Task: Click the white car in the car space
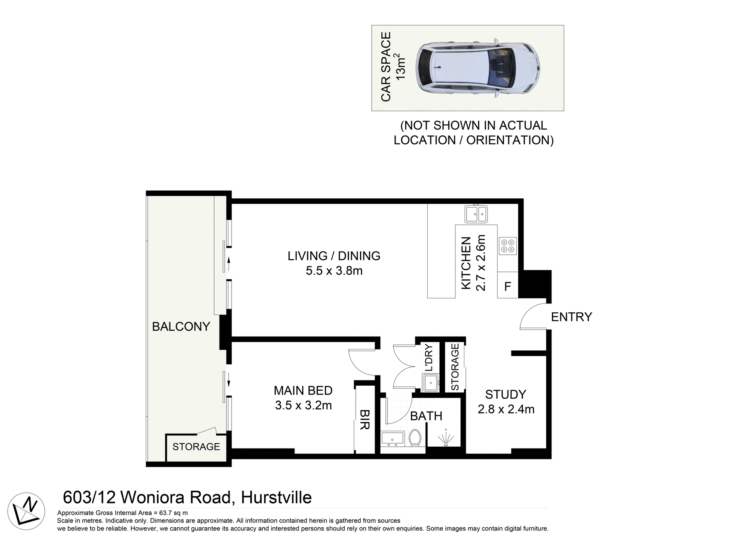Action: (x=477, y=68)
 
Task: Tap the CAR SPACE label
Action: (x=386, y=66)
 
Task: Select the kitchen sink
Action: (x=476, y=214)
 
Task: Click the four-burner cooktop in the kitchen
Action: (x=508, y=246)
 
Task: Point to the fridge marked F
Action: (x=508, y=286)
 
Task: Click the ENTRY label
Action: (x=571, y=317)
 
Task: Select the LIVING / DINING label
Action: (x=334, y=256)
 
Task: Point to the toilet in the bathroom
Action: (x=415, y=438)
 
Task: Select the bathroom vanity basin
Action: (x=392, y=439)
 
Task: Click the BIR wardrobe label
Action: (x=365, y=420)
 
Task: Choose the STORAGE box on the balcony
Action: (x=196, y=447)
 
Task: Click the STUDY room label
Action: (x=506, y=395)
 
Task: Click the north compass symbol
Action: (x=26, y=511)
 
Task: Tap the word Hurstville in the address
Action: (x=276, y=498)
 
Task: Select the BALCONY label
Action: (x=181, y=327)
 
